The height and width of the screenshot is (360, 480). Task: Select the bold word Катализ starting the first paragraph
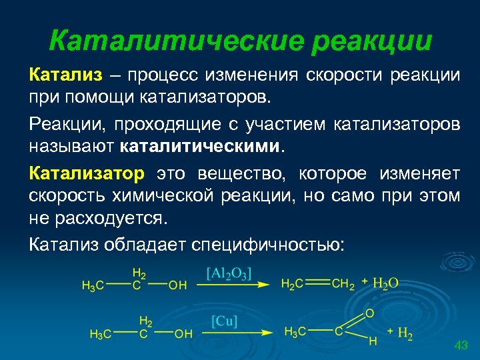click(59, 75)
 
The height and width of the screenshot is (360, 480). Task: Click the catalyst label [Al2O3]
click(229, 273)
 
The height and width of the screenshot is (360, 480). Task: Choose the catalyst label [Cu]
click(225, 321)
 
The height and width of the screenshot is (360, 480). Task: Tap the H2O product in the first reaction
click(385, 283)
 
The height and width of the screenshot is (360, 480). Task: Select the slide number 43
click(461, 345)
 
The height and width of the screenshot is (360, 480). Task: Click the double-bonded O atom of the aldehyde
click(369, 313)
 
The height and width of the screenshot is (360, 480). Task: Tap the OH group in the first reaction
click(177, 285)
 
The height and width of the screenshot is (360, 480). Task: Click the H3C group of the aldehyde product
click(295, 331)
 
